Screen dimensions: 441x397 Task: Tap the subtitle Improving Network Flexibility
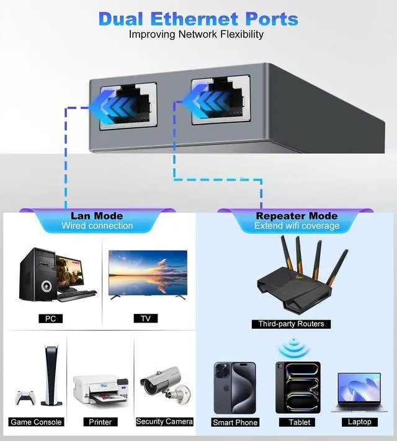point(196,34)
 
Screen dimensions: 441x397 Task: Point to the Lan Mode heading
point(97,216)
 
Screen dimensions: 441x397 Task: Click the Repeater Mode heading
point(297,216)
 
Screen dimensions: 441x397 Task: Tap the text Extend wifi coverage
point(297,226)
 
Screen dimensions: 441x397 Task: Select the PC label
point(51,319)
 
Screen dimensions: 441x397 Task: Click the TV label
point(145,319)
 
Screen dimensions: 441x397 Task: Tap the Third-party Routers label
point(291,324)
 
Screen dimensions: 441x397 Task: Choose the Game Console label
point(36,422)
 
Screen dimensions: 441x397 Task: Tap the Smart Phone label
point(234,422)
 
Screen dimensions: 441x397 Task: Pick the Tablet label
point(299,422)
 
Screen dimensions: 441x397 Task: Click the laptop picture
point(359,392)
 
